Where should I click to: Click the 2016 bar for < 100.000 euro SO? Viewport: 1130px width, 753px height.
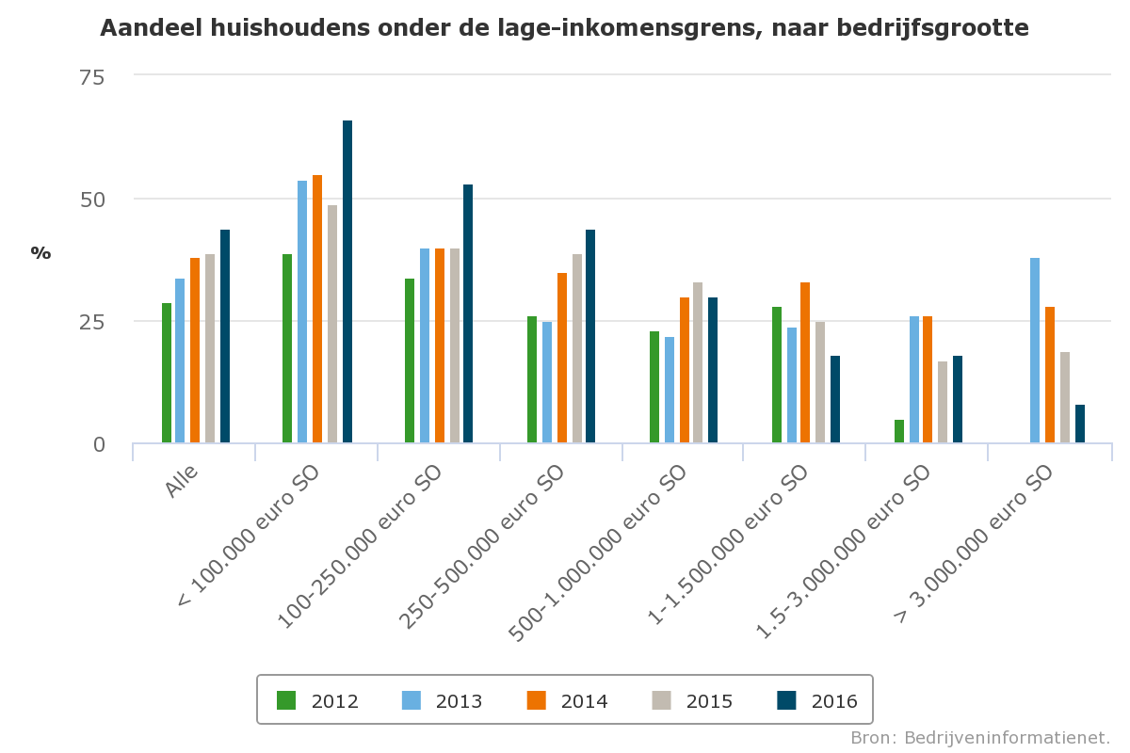click(x=347, y=281)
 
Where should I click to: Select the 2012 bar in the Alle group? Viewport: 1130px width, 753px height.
click(x=167, y=373)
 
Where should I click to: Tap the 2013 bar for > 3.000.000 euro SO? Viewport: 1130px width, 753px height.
click(x=1035, y=350)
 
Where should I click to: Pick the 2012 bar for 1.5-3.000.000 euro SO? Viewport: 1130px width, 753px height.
click(x=899, y=431)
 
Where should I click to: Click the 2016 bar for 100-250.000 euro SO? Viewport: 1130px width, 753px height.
click(x=468, y=313)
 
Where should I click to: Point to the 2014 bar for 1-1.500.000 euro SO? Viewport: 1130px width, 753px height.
click(x=805, y=362)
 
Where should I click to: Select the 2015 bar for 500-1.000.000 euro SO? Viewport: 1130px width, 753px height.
click(x=698, y=362)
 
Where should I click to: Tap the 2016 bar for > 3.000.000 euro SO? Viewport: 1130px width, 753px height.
click(x=1080, y=424)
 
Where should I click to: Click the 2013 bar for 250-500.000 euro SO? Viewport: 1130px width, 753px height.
click(x=547, y=382)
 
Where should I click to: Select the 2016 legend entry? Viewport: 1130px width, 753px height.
click(x=817, y=700)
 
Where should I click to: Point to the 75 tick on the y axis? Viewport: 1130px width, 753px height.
click(x=91, y=76)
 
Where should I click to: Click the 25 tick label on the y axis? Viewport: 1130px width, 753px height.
click(x=91, y=322)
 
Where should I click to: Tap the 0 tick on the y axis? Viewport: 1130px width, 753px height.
click(x=99, y=444)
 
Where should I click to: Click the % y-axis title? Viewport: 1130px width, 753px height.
click(x=40, y=252)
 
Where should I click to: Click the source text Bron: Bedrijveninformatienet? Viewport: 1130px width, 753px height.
click(x=980, y=737)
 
